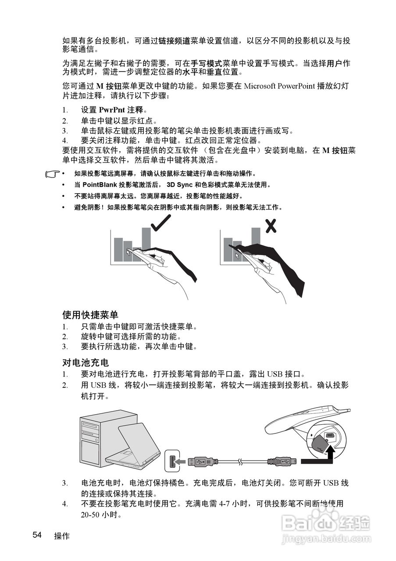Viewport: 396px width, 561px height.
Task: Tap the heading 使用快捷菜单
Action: click(x=90, y=315)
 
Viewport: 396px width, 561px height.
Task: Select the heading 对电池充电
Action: click(x=86, y=363)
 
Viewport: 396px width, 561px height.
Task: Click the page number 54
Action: click(x=37, y=535)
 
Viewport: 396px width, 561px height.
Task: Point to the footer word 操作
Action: click(x=62, y=536)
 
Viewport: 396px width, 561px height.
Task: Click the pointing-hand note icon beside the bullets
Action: click(x=53, y=174)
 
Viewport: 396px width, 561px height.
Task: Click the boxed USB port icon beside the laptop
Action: click(x=172, y=461)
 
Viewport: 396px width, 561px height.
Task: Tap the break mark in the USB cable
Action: click(x=239, y=461)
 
